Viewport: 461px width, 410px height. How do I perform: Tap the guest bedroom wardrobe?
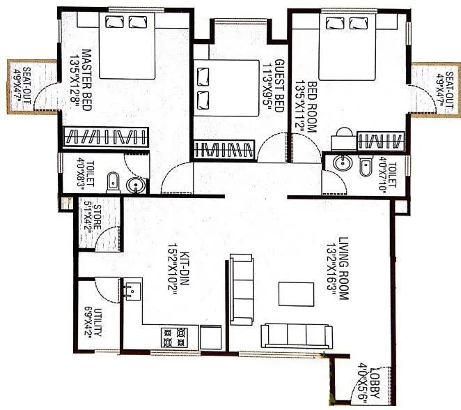224,149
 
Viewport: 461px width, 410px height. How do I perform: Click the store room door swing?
106,239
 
